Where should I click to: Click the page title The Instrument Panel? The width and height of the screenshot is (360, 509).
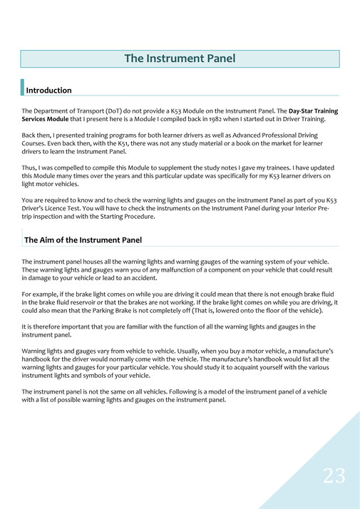pos(180,58)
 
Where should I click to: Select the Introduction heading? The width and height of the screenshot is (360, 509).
pos(48,91)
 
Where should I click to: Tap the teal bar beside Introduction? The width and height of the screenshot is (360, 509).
pos(23,88)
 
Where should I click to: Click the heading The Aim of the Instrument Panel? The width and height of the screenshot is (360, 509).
pos(83,240)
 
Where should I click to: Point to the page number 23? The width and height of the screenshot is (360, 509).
pos(334,476)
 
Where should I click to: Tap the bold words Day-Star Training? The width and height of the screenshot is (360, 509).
pos(313,111)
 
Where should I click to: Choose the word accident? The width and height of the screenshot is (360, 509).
pos(142,279)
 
